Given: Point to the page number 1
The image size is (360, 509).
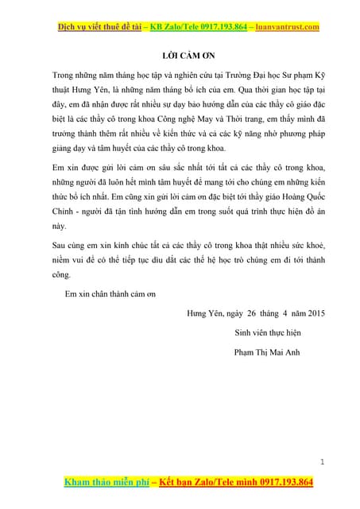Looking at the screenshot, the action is pyautogui.click(x=323, y=461).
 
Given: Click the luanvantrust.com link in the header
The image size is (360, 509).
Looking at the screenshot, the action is pyautogui.click(x=288, y=28).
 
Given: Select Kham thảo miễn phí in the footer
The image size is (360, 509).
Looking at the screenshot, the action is pyautogui.click(x=99, y=483).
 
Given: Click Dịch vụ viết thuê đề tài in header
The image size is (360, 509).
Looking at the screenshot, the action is pyautogui.click(x=101, y=28).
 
